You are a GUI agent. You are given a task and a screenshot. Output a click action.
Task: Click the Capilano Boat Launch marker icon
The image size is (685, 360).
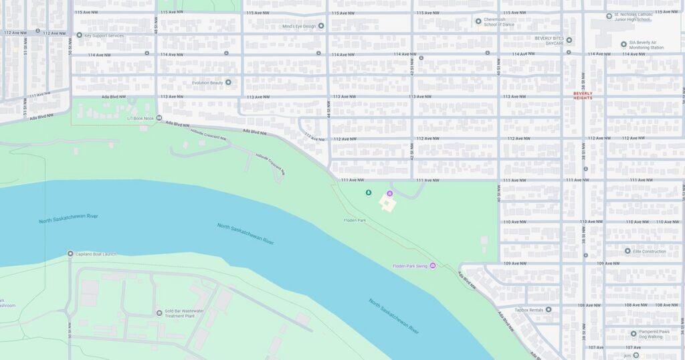coord(70,254)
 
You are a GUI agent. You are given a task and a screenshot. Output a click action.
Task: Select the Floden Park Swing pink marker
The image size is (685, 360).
coord(432,266)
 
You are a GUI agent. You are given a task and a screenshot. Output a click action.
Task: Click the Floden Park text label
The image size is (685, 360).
coord(355,220)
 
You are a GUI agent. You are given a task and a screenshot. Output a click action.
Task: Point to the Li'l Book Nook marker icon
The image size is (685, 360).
coord(159,118)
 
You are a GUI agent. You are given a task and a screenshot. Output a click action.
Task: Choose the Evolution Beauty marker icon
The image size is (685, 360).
coord(228,82)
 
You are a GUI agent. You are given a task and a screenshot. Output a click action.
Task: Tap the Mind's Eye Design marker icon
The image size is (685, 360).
coord(321,26)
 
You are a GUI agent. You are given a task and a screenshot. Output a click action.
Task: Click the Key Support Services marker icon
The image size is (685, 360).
coord(79,35)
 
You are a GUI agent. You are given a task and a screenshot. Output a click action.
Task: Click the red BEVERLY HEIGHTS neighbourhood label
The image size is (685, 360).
coord(583,96)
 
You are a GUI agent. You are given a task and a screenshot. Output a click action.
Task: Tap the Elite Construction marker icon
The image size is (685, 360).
coord(627,251)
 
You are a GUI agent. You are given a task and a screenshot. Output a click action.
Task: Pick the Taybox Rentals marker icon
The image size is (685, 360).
coord(549,310)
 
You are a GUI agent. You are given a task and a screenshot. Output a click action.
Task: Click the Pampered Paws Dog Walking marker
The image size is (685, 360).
coord(633,333)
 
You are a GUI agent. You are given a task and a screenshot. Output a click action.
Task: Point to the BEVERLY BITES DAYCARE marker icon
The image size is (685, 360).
coord(569,40)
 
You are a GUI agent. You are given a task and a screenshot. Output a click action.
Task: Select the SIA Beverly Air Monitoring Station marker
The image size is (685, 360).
coord(623,45)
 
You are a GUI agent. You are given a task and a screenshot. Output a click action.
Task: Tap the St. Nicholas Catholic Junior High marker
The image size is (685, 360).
coord(609,15)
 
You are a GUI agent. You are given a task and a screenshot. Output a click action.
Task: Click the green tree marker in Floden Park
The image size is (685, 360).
coord(368,193)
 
